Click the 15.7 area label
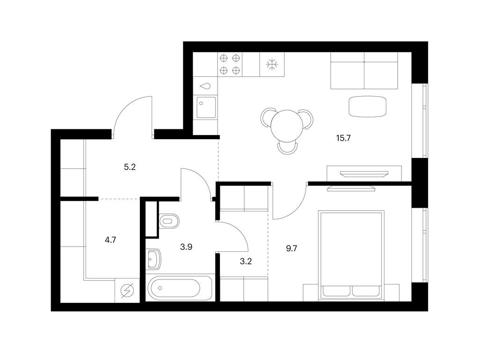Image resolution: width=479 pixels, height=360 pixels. [343, 138]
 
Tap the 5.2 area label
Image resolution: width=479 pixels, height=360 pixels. [130, 167]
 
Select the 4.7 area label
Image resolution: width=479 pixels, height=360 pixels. [110, 240]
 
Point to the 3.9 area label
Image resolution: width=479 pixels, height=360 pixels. [186, 247]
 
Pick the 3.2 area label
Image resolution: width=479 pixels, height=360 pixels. [246, 262]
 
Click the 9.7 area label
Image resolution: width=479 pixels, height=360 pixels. [291, 248]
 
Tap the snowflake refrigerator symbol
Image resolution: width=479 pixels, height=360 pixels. [272, 64]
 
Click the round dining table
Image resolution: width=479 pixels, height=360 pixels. [287, 126]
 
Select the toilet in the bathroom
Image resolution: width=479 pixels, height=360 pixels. [169, 221]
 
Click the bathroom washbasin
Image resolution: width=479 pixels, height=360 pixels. [153, 259]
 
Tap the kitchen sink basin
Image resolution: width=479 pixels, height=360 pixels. [206, 107]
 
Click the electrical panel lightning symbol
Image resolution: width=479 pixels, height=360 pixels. [127, 291]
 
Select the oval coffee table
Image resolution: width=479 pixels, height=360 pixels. [368, 106]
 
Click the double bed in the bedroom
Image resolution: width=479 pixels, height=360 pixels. [351, 255]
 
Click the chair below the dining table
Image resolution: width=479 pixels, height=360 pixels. [288, 148]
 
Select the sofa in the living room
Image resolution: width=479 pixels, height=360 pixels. [364, 70]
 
